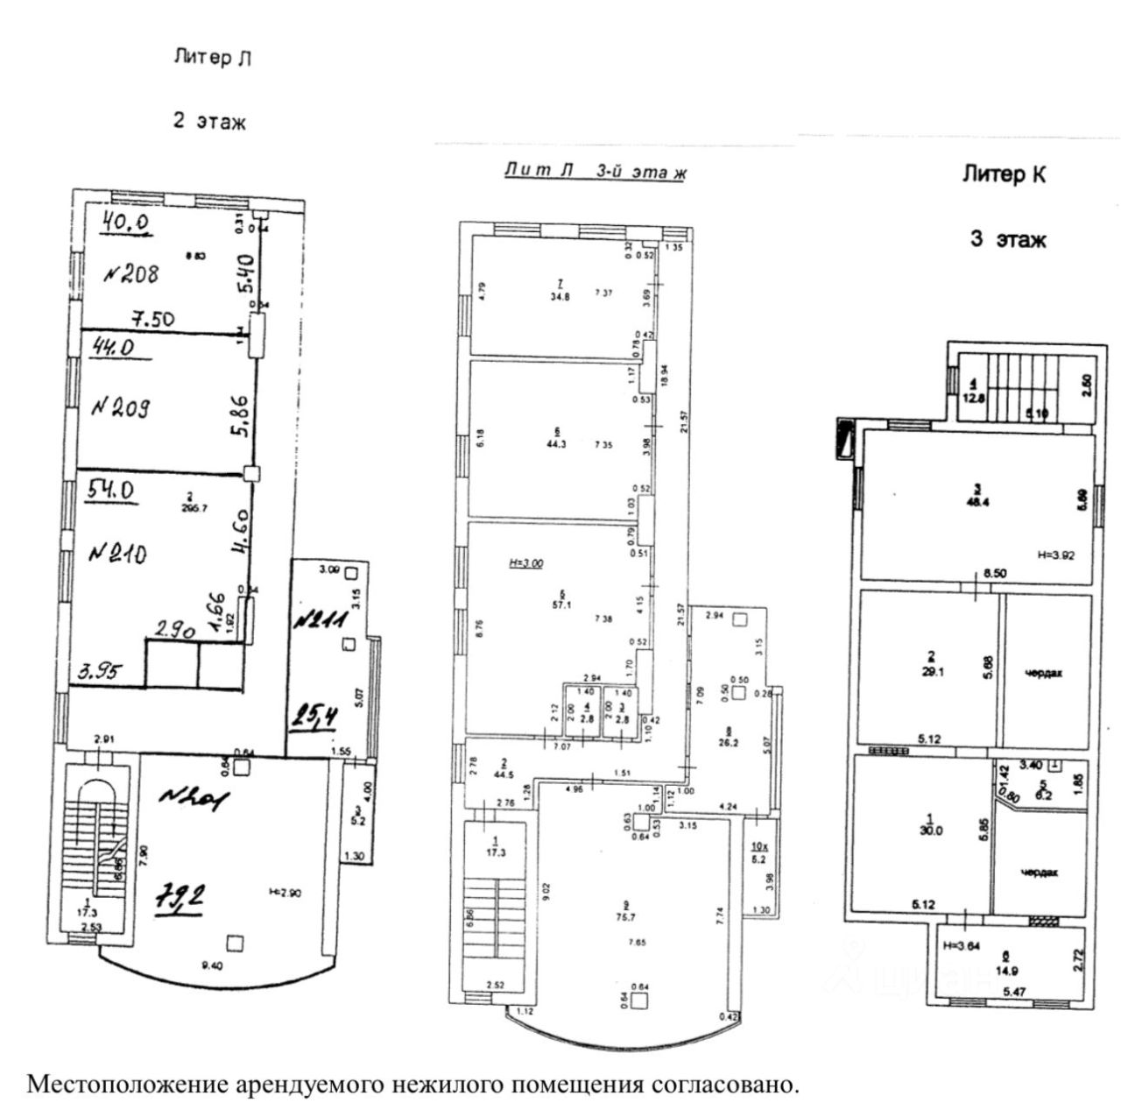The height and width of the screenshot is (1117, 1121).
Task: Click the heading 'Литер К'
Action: (x=1004, y=174)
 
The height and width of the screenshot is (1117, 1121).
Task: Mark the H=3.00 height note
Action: (x=526, y=563)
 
